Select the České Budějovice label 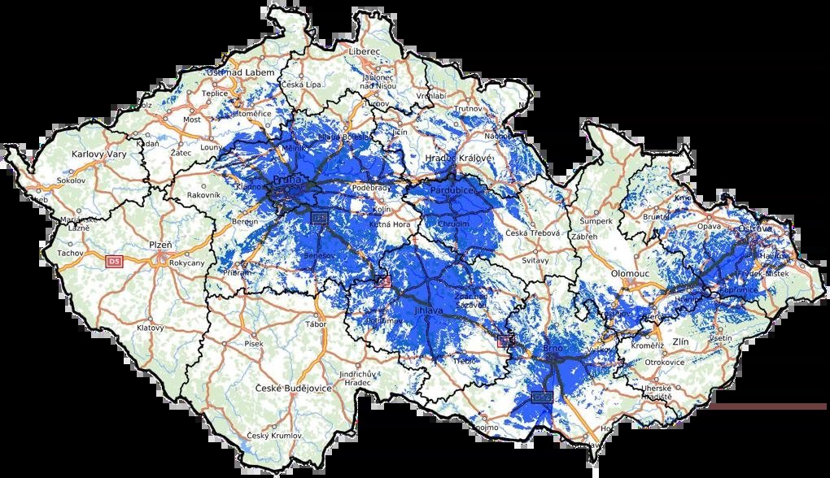[294, 389]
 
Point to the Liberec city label [364, 50]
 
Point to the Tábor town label [315, 324]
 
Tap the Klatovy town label [150, 328]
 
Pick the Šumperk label [593, 221]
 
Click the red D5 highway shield [115, 260]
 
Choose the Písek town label [254, 344]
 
